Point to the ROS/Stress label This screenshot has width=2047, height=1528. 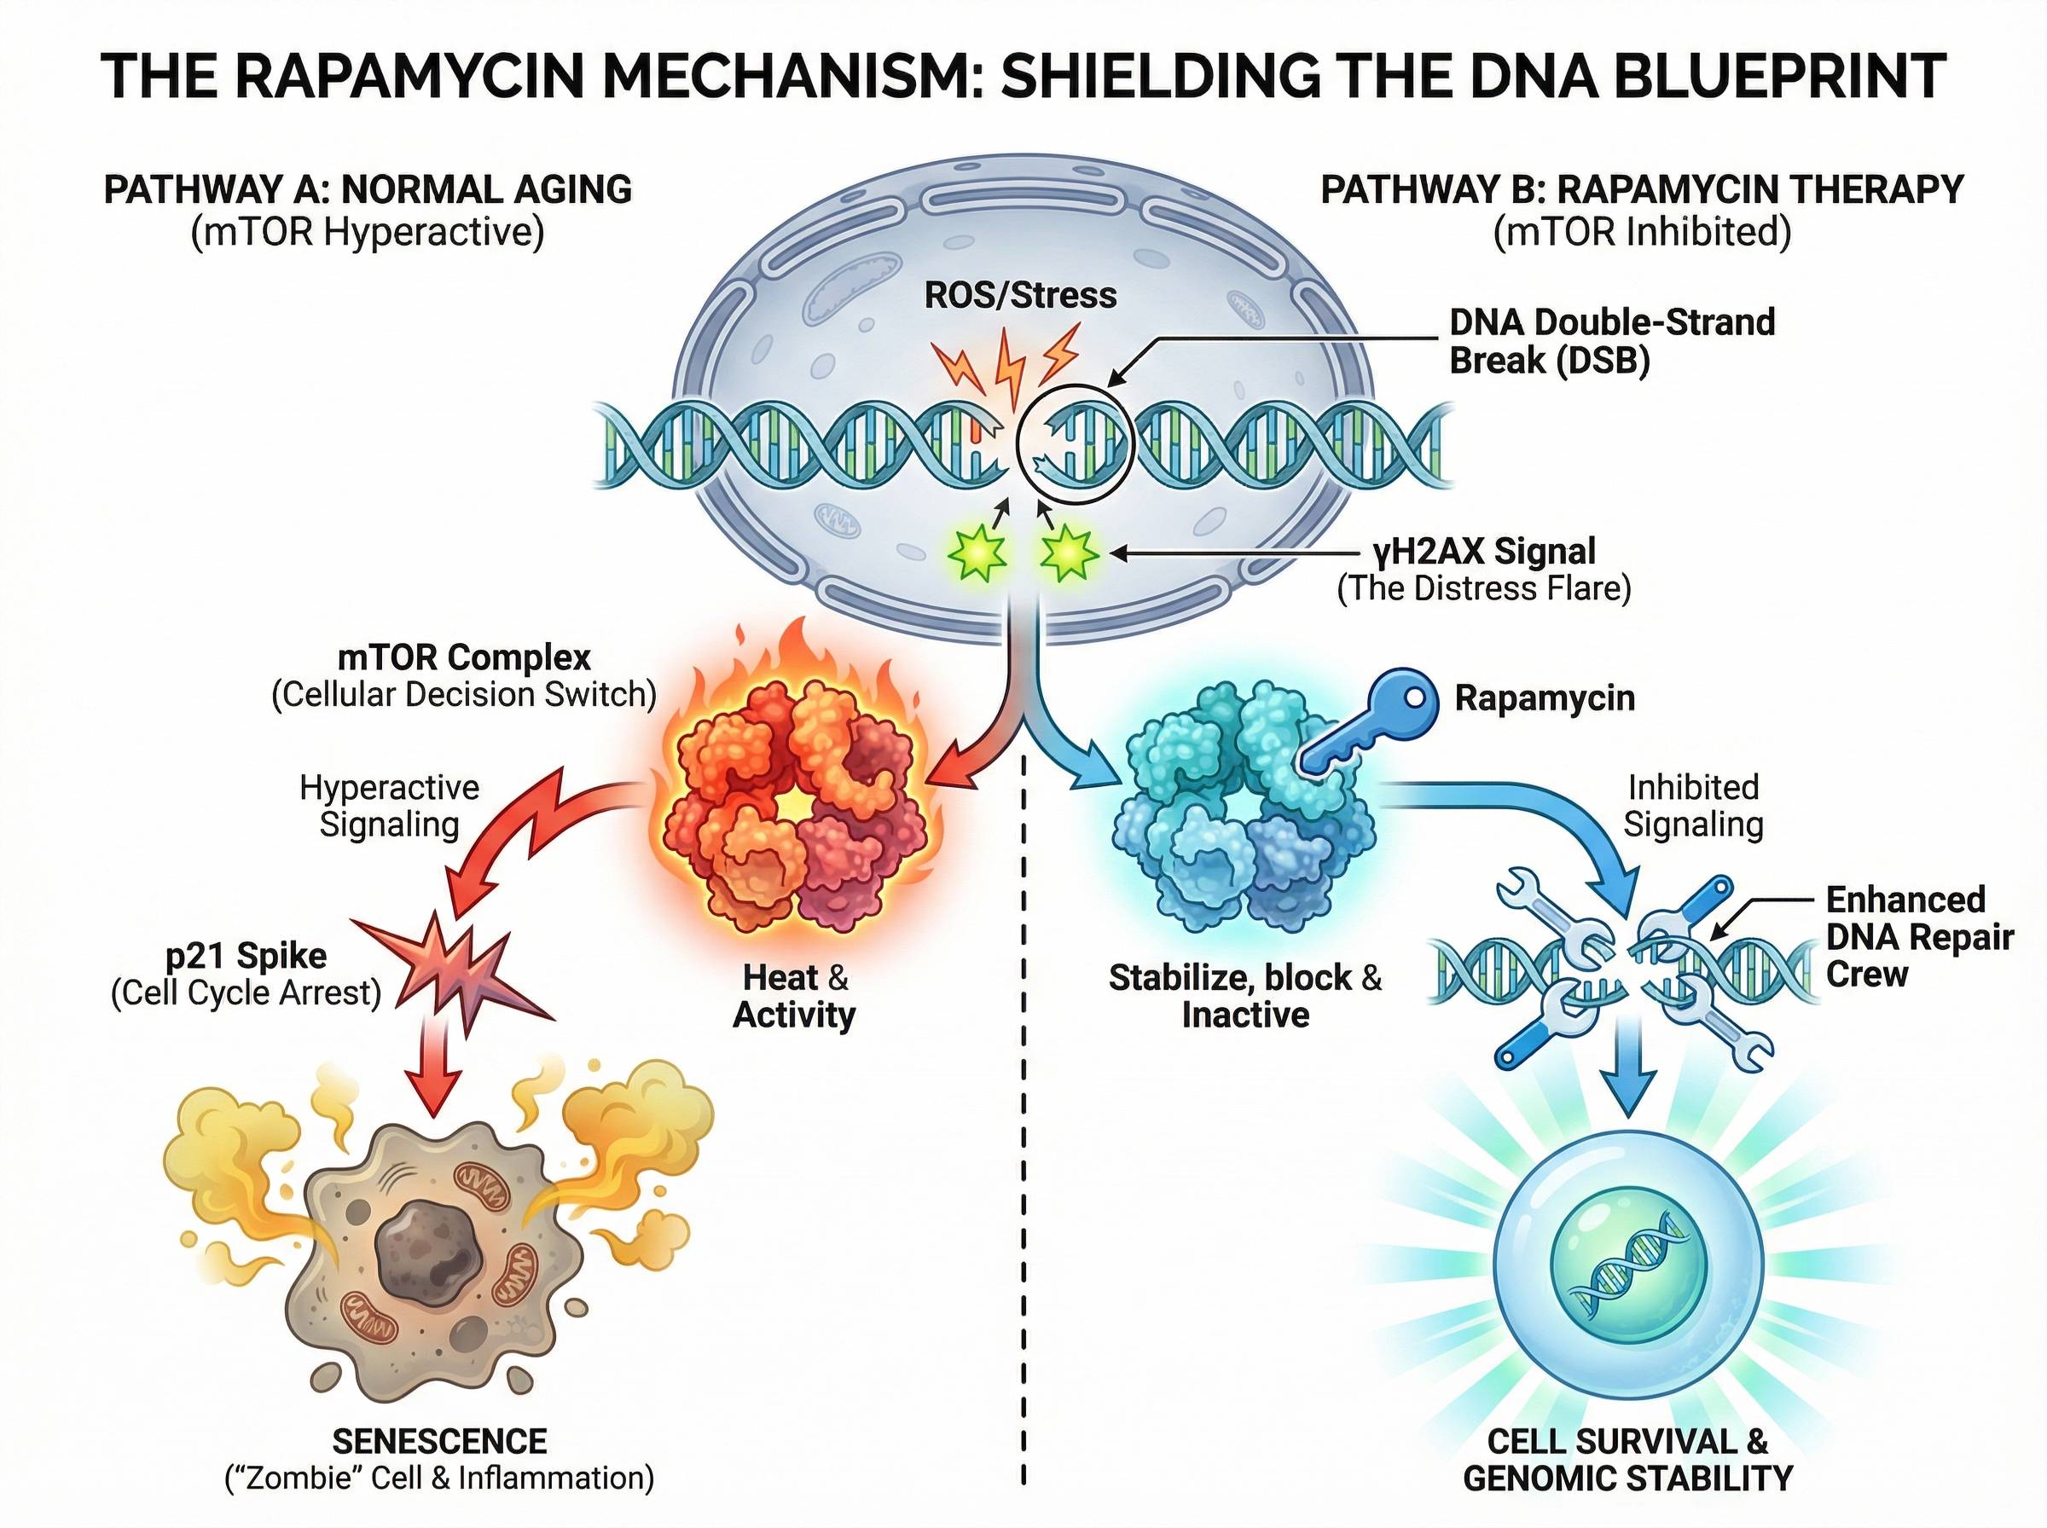(1020, 295)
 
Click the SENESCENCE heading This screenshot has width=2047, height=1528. (439, 1441)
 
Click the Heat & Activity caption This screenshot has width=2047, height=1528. (794, 996)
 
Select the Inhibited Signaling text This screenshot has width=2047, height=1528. (1693, 806)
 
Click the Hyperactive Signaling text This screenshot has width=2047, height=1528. (390, 806)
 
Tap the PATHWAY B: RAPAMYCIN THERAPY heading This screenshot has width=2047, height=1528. (1641, 189)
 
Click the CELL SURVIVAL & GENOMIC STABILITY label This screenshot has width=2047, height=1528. (1627, 1459)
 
